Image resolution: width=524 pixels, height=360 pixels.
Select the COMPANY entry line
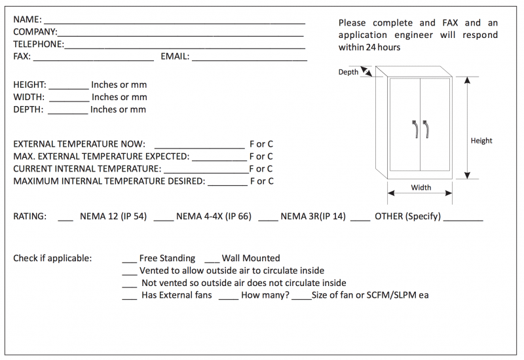[x=180, y=33]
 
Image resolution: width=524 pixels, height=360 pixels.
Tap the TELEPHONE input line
[x=185, y=46]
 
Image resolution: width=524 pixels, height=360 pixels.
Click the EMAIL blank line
[x=250, y=58]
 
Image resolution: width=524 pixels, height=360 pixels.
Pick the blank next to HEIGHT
[x=69, y=86]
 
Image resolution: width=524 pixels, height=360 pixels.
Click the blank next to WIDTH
[x=69, y=99]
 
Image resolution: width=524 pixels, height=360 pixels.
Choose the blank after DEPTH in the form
[x=67, y=111]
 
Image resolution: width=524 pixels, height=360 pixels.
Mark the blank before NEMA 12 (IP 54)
[x=65, y=219]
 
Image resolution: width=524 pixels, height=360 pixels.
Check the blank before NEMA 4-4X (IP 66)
[x=164, y=219]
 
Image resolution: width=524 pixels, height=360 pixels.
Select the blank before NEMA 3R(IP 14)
[x=269, y=219]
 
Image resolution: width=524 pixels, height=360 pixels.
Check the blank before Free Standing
[x=129, y=261]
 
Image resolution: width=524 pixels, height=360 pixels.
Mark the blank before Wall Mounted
[x=212, y=261]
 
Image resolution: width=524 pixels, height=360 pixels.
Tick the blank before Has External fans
[x=129, y=298]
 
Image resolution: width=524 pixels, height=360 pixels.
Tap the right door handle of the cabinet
[x=426, y=129]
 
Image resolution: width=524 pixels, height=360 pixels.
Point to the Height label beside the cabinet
[x=481, y=141]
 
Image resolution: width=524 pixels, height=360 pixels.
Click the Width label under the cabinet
[x=421, y=188]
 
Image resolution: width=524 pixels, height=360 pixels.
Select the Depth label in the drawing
[x=348, y=72]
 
